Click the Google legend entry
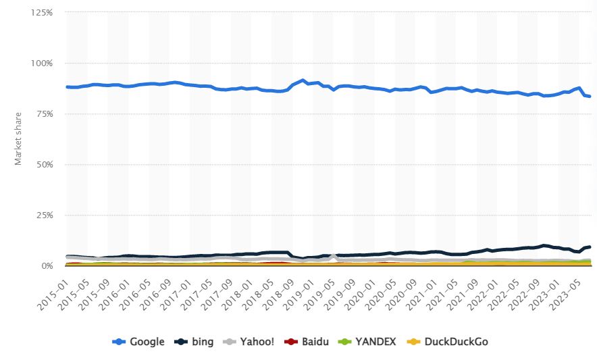[x=138, y=342]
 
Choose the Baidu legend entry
[x=307, y=342]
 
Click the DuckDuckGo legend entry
[x=448, y=342]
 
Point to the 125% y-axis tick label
[x=42, y=13]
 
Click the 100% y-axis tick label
[x=42, y=63]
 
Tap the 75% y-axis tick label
[x=44, y=114]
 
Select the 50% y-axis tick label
[x=44, y=165]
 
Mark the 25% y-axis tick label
[x=44, y=215]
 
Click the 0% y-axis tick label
[x=47, y=266]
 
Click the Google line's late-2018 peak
[x=303, y=80]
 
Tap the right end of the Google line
[x=590, y=97]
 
